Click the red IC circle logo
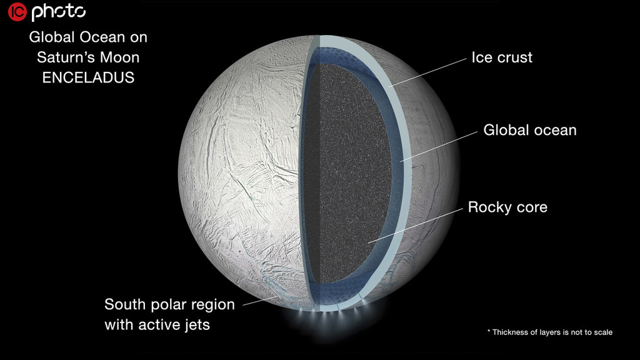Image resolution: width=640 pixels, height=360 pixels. [17, 11]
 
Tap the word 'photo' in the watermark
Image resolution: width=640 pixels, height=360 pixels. [59, 12]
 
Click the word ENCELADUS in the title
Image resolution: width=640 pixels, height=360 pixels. [88, 77]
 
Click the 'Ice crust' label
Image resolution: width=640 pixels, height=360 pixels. [502, 57]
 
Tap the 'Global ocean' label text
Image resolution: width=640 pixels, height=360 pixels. [530, 130]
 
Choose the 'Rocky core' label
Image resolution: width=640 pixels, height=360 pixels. [507, 207]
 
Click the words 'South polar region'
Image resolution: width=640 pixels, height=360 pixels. [169, 304]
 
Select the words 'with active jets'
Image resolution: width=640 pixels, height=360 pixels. [157, 325]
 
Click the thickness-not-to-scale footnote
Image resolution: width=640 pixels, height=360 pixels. [550, 332]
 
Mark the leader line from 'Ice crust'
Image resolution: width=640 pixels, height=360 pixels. [427, 72]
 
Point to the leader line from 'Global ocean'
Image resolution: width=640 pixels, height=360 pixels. [439, 146]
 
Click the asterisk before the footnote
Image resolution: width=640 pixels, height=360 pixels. [489, 331]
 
